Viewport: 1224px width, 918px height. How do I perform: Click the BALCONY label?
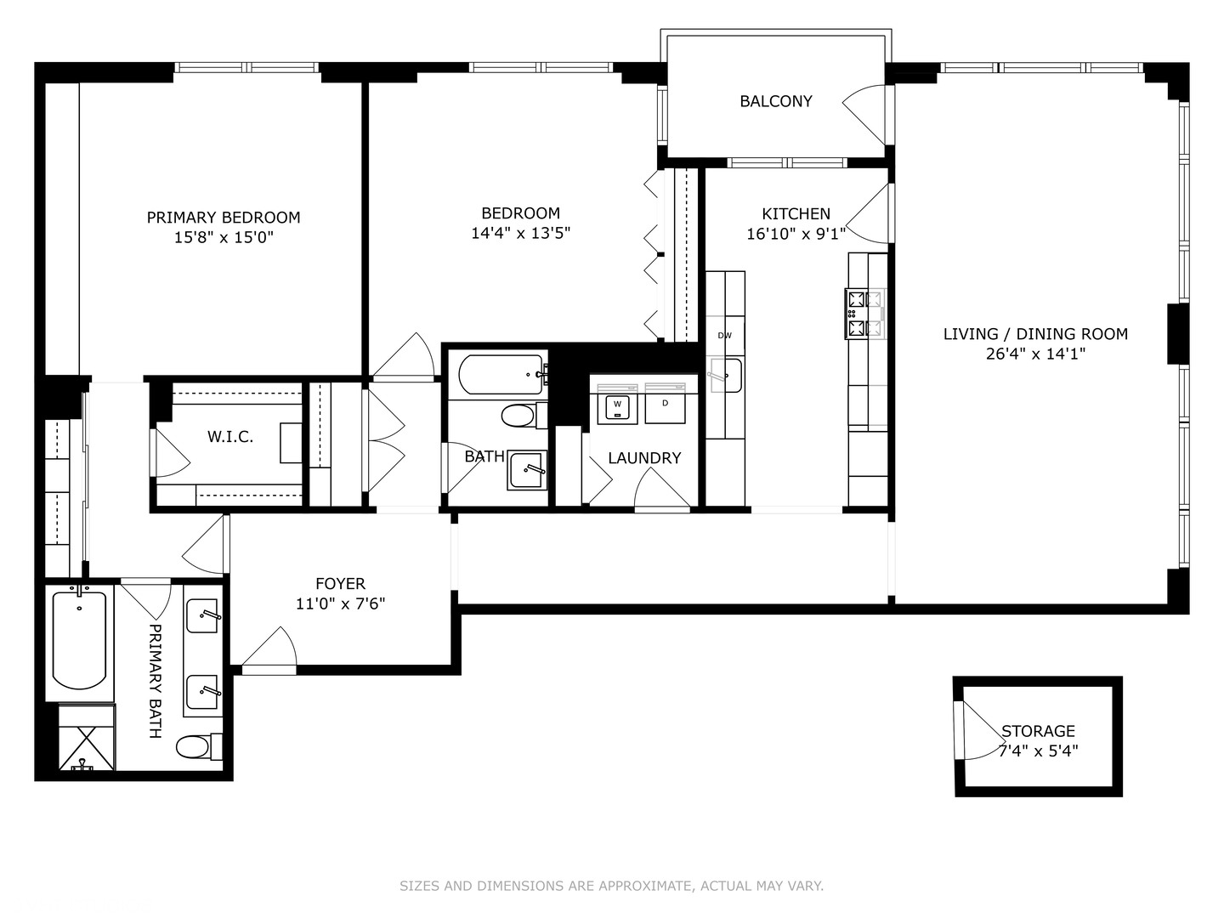pos(776,101)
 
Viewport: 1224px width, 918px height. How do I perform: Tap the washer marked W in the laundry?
pos(617,406)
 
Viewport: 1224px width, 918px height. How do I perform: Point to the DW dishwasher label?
pos(724,336)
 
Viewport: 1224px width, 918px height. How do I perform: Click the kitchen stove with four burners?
pos(865,314)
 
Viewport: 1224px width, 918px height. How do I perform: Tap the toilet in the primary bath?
pos(198,746)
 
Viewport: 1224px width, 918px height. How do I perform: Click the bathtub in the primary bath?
pos(79,640)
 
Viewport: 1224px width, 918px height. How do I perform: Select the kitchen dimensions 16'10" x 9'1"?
pos(796,234)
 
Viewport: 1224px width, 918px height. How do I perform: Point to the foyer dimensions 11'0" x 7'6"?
pos(340,603)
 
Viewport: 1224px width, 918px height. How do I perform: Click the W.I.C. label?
pos(230,437)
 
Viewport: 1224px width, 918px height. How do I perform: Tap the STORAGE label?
pos(1039,731)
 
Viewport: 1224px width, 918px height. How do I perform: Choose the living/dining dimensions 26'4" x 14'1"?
pos(1035,354)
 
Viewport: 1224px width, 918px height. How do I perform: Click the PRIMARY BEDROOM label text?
pos(223,218)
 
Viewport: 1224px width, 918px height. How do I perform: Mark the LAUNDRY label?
pos(644,458)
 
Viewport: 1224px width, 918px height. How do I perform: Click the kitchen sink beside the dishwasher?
pos(725,375)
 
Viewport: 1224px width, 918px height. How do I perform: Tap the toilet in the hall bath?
pos(524,416)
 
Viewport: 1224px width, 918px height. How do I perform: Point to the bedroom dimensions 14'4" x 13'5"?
pos(521,233)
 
